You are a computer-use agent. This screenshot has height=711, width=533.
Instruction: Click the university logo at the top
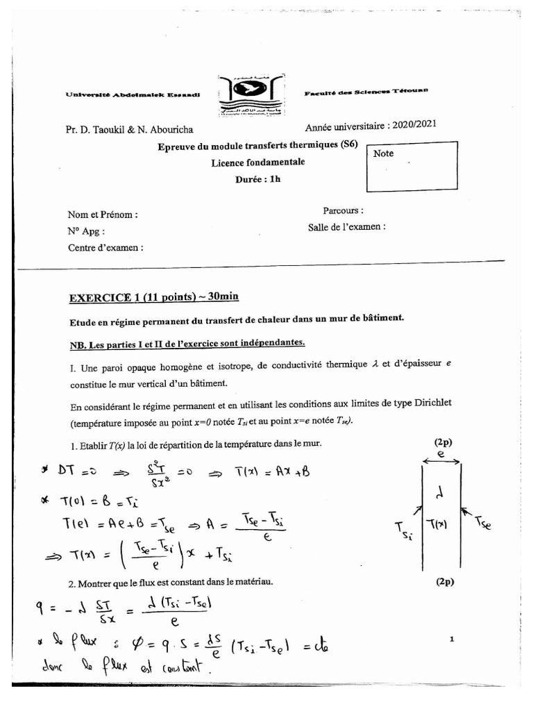(255, 95)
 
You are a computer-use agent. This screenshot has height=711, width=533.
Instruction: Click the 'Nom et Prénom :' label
(102, 215)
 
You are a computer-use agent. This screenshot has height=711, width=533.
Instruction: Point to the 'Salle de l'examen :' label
(346, 226)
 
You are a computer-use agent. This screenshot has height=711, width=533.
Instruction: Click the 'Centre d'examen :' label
(105, 247)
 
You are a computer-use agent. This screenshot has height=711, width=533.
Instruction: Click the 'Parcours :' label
(343, 210)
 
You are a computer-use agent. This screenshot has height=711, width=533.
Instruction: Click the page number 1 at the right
(451, 638)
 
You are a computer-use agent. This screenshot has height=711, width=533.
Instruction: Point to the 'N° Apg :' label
(86, 231)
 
